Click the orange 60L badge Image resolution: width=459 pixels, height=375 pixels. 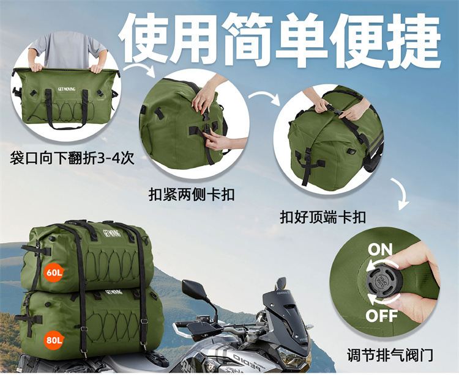click(54, 272)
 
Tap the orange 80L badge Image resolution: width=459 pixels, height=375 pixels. click(54, 340)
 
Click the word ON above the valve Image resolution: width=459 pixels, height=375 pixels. click(379, 250)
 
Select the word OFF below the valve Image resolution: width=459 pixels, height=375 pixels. click(382, 316)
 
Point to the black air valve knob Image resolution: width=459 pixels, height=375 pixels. click(384, 281)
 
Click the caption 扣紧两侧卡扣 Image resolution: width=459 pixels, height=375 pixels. click(192, 194)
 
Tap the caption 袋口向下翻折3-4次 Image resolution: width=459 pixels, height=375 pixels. click(72, 159)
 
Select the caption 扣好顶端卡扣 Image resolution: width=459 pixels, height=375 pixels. click(323, 217)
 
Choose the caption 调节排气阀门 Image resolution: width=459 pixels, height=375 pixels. click(390, 355)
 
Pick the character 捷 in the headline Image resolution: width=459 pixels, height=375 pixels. click(414, 40)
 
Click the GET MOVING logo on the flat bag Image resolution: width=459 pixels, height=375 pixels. click(67, 89)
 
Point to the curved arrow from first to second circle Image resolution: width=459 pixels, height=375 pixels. click(138, 68)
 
